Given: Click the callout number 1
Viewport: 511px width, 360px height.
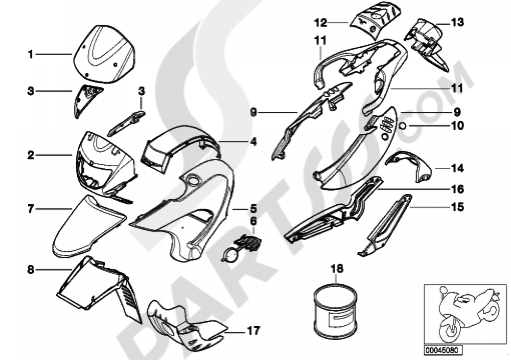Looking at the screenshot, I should click(x=31, y=54).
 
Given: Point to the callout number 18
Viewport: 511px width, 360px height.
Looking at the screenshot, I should click(x=334, y=268).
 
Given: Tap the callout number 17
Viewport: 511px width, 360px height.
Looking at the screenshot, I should click(x=252, y=331).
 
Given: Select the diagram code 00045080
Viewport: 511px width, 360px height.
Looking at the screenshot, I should click(x=443, y=350).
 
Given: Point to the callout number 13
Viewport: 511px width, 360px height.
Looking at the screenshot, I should click(x=457, y=22).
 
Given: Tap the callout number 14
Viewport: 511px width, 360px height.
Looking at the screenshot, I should click(x=456, y=167).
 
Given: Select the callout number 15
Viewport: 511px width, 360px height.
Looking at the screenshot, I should click(x=457, y=207).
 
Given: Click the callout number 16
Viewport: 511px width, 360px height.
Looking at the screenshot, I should click(x=457, y=189).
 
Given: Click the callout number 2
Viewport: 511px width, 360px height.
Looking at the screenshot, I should click(x=31, y=154).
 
